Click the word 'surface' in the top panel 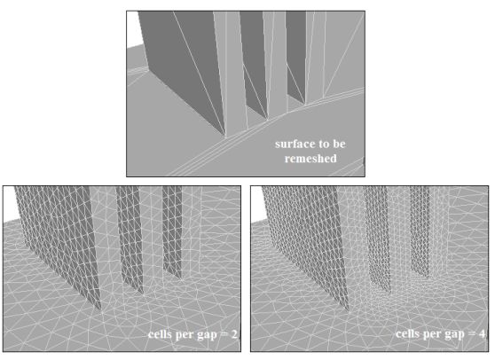coord(293,144)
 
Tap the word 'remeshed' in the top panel coord(310,159)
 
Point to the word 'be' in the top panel coord(339,144)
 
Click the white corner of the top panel coord(132,29)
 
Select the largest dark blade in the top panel coord(182,63)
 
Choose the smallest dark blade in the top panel coord(296,53)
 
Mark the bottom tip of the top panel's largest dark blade coord(225,137)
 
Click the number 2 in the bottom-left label coord(234,334)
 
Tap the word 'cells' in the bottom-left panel coord(160,334)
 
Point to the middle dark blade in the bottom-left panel coord(130,237)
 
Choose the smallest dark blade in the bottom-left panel coord(172,231)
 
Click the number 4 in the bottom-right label coord(482,334)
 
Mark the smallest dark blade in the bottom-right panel coord(420,231)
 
